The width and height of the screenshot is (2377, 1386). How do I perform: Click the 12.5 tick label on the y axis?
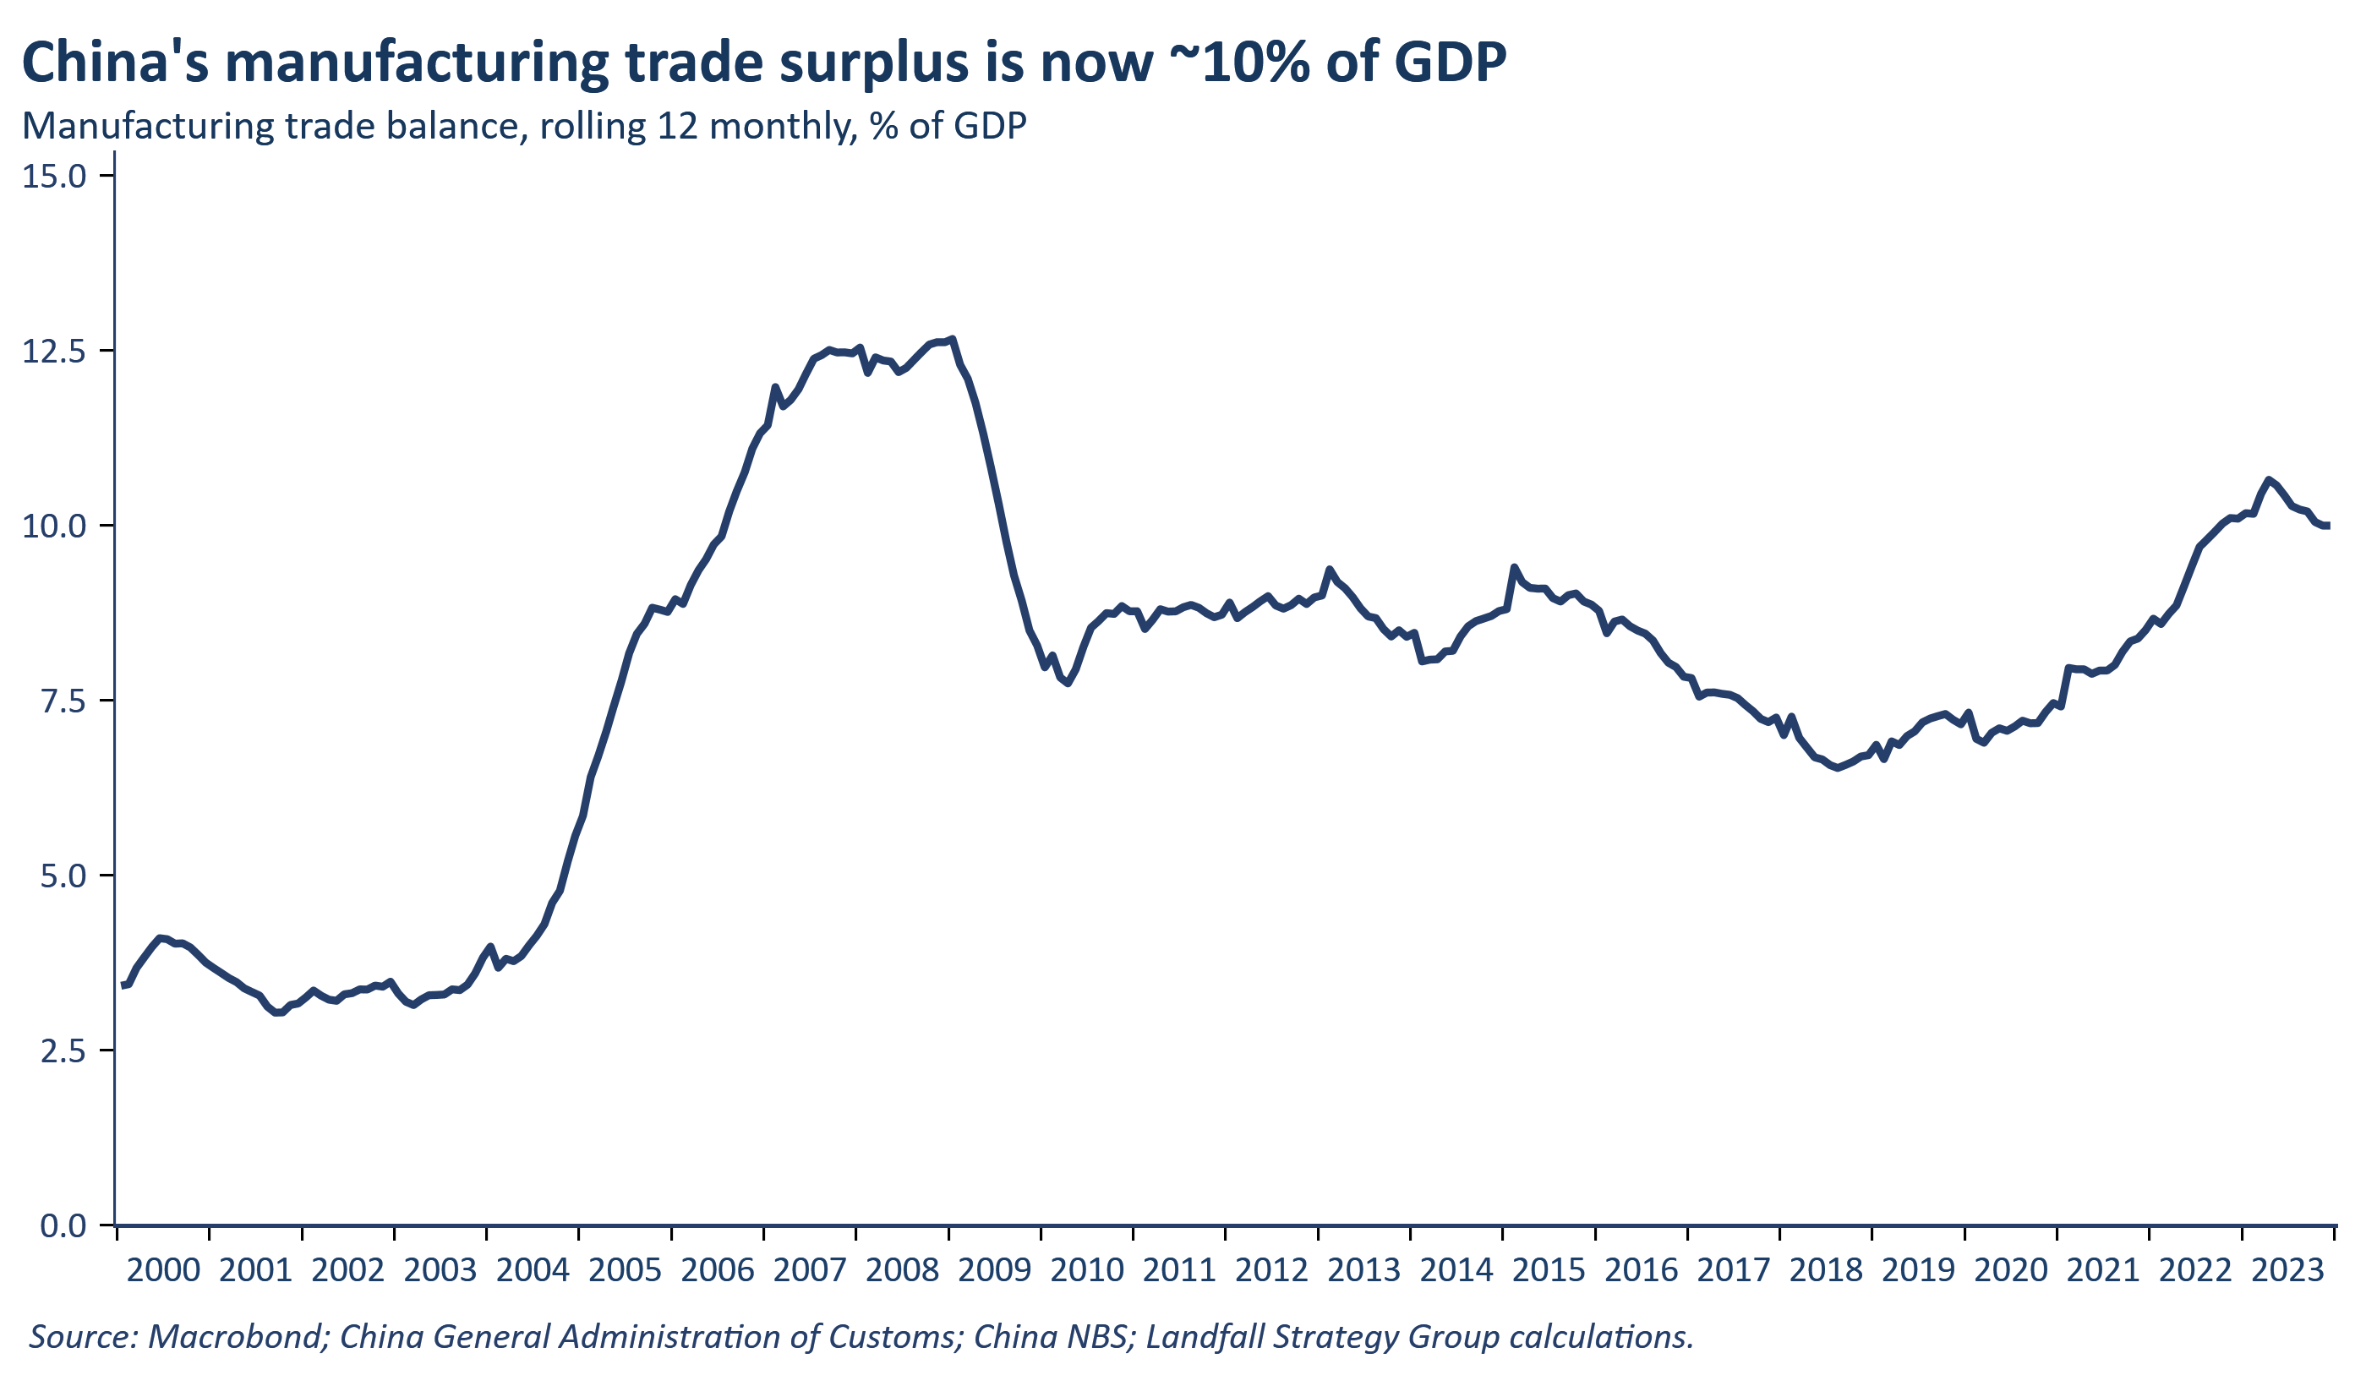pos(54,351)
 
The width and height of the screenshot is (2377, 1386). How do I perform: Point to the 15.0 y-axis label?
pos(54,177)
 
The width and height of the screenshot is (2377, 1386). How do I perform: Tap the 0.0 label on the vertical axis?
pos(63,1225)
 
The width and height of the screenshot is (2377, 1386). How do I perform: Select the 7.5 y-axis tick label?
pos(63,701)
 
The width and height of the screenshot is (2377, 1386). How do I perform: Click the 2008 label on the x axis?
pos(902,1271)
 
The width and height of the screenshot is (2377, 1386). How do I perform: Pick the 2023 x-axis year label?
pos(2287,1271)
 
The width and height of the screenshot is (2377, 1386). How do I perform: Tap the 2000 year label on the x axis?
pos(163,1271)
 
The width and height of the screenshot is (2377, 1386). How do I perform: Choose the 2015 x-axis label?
pos(1549,1271)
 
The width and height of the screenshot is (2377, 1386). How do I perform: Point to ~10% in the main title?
pos(1237,63)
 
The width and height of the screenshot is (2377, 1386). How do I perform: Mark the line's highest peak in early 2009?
pos(953,339)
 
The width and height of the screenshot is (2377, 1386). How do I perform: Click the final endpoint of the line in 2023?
pos(2329,527)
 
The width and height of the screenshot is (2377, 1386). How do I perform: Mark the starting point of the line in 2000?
pos(123,986)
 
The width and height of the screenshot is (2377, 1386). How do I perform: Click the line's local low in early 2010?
pos(1067,684)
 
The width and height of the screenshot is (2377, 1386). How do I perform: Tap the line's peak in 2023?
pos(2269,480)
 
